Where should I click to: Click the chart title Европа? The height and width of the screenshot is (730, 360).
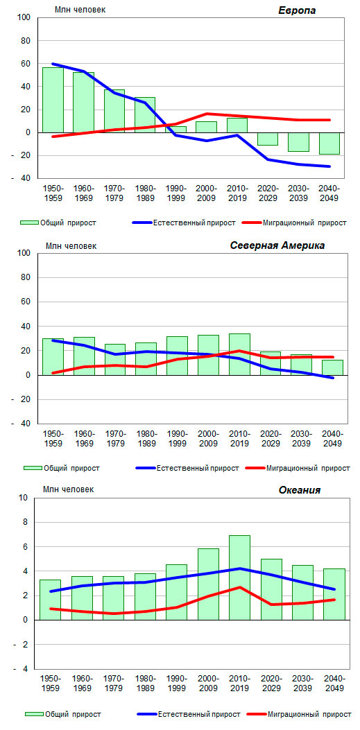(x=297, y=10)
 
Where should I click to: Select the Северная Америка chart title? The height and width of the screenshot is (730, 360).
(x=277, y=246)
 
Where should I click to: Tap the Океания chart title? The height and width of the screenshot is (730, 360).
(x=300, y=489)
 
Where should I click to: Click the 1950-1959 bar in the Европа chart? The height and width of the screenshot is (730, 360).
(x=53, y=100)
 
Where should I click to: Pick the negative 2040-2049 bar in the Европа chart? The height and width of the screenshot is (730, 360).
(x=329, y=144)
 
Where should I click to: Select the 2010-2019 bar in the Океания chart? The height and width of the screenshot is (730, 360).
(x=239, y=577)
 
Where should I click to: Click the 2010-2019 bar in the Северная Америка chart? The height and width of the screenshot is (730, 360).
(x=239, y=354)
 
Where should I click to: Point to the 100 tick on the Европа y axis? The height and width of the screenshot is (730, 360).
(x=24, y=18)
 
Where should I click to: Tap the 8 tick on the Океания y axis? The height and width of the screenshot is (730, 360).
(x=25, y=522)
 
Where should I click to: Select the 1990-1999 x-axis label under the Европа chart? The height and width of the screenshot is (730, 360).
(x=176, y=193)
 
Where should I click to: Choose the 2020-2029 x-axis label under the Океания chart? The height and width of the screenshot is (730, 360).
(x=271, y=683)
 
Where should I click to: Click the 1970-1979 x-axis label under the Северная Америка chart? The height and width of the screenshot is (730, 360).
(x=115, y=438)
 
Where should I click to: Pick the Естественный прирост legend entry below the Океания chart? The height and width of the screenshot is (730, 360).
(x=189, y=713)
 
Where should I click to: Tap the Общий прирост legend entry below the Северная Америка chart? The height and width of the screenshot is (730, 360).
(x=62, y=468)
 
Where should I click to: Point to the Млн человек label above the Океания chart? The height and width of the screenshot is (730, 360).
(x=68, y=489)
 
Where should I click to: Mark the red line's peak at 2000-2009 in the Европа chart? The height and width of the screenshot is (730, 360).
(x=207, y=114)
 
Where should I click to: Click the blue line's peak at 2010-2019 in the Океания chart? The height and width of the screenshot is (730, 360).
(x=239, y=568)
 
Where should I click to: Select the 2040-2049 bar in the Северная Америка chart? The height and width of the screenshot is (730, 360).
(x=332, y=367)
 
